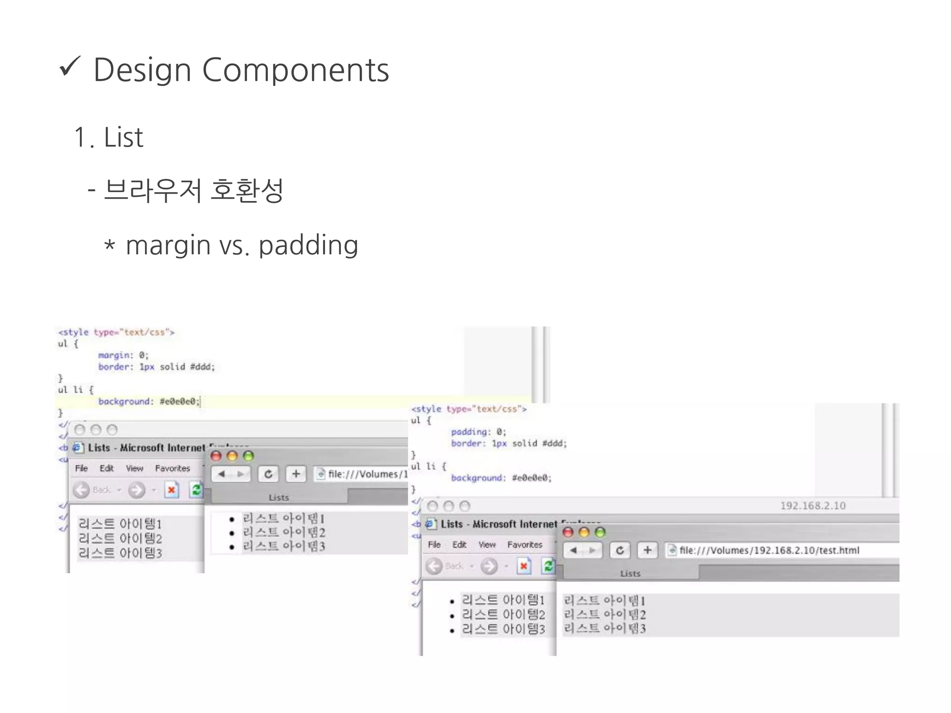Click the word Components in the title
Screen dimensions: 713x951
coord(295,71)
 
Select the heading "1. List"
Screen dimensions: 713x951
coord(109,137)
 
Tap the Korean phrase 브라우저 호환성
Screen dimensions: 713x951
coord(194,190)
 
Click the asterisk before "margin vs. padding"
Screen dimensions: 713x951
coord(110,245)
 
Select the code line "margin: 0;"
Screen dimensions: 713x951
coord(123,355)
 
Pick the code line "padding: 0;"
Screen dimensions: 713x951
coord(478,432)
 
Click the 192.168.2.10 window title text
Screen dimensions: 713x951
coord(813,506)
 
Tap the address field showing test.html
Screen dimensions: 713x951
coord(769,551)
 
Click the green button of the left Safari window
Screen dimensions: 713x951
coord(248,456)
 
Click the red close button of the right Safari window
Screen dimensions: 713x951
coord(568,532)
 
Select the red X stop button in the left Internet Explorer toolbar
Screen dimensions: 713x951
coord(171,490)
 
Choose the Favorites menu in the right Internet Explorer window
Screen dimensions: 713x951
coord(524,544)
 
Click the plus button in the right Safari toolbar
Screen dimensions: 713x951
coord(647,551)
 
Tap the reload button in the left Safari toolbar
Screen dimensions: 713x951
coord(268,474)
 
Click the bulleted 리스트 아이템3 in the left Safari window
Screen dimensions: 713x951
coord(283,546)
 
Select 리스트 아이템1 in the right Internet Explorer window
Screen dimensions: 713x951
coord(503,600)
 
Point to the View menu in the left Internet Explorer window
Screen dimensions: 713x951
coord(134,468)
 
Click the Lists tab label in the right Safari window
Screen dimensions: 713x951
coord(630,574)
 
